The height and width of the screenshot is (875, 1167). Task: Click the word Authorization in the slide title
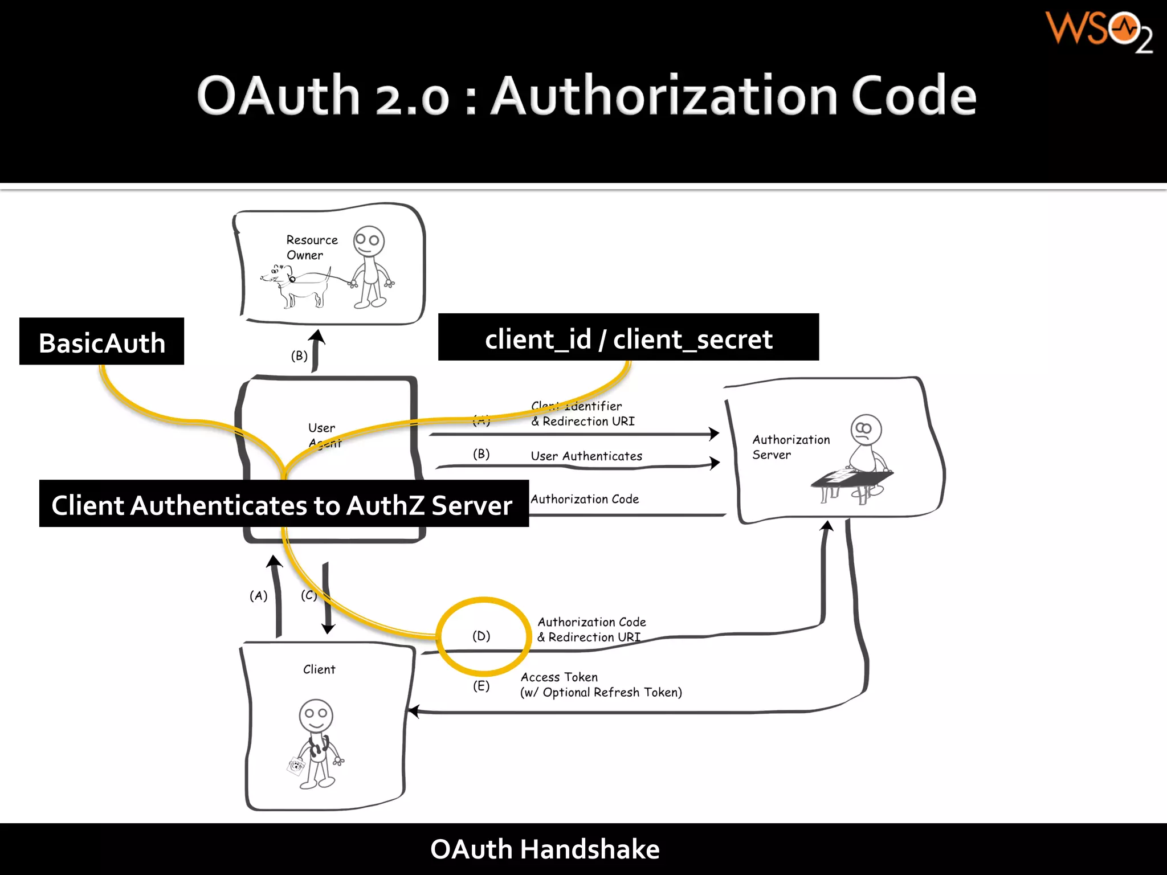(664, 96)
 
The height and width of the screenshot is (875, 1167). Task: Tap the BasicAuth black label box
(101, 342)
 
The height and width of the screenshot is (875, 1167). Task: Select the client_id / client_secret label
(628, 338)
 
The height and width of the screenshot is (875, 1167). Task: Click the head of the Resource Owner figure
(369, 241)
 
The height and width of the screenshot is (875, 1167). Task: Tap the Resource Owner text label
(311, 247)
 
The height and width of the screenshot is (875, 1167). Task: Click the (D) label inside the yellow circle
(481, 636)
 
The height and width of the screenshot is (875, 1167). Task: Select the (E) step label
(481, 686)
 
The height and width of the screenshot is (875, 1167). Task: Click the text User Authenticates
(586, 456)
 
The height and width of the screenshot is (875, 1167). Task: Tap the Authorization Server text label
(790, 447)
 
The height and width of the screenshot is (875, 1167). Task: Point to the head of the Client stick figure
(316, 715)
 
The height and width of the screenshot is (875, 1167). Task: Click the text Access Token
(559, 677)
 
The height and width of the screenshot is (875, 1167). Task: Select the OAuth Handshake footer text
(544, 849)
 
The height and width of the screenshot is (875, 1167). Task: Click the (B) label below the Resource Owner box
(299, 356)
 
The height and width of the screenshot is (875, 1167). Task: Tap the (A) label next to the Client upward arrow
(258, 596)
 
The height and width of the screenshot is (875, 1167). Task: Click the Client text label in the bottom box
(319, 669)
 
